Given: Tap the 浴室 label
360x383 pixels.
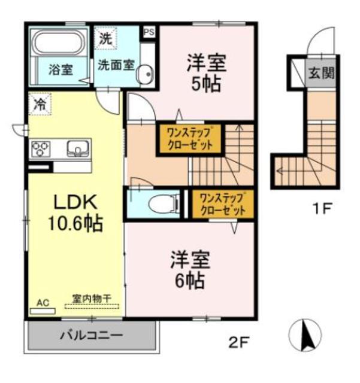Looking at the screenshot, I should tap(60, 69).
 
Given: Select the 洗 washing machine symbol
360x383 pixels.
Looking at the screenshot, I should tap(106, 40).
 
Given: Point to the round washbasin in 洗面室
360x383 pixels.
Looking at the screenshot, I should tap(145, 74).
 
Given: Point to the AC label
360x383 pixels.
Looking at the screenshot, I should tap(43, 302).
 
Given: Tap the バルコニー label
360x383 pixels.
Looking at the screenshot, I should tap(91, 336).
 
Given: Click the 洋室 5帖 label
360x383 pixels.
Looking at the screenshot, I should tap(206, 72).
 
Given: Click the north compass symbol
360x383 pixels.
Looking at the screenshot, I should tap(306, 336).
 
